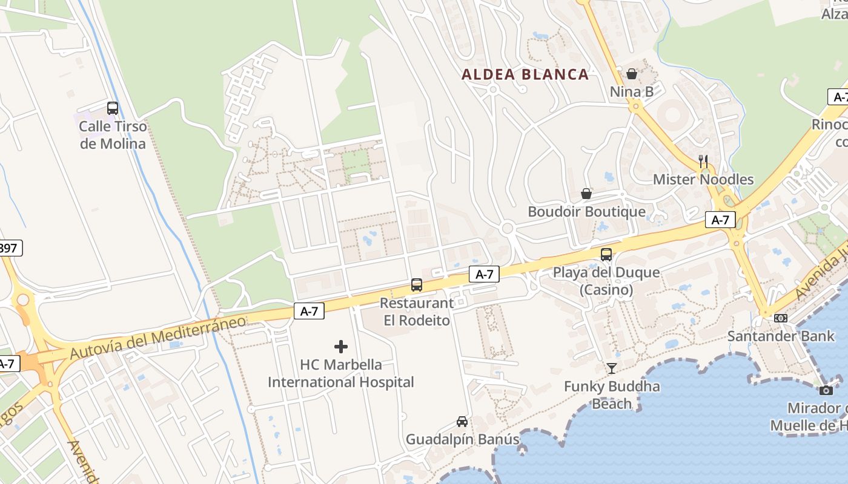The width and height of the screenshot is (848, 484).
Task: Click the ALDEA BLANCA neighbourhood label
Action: [x=525, y=74]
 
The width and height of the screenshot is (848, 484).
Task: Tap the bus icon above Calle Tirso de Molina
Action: [x=113, y=108]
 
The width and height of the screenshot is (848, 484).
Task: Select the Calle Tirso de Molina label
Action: [x=113, y=135]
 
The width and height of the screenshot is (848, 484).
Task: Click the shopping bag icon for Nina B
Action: [x=632, y=74]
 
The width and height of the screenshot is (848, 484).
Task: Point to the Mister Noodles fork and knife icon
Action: [x=703, y=162]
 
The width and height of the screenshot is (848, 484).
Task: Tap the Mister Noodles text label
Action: [x=703, y=180]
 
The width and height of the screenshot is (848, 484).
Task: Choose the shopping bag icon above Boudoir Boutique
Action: [x=586, y=194]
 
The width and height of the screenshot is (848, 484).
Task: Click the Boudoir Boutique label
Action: [x=586, y=212]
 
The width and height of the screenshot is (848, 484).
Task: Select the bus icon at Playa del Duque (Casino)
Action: [x=606, y=255]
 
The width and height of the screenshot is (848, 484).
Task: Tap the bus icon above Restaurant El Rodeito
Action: [x=417, y=285]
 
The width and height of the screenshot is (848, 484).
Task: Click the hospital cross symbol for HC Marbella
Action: [x=341, y=347]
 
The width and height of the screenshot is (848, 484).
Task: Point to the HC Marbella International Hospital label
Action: [x=341, y=373]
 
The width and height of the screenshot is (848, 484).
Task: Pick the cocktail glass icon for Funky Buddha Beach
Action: [x=612, y=368]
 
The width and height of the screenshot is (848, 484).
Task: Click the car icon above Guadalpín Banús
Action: [x=462, y=421]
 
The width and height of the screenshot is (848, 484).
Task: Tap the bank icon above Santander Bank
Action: [x=781, y=318]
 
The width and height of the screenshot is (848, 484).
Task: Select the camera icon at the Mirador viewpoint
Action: [x=826, y=390]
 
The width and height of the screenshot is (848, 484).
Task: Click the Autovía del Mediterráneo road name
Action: [x=158, y=336]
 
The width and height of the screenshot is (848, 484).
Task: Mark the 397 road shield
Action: [x=10, y=248]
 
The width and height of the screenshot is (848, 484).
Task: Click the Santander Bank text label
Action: [x=781, y=336]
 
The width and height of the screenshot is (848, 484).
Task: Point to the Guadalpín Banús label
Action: [x=462, y=439]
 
